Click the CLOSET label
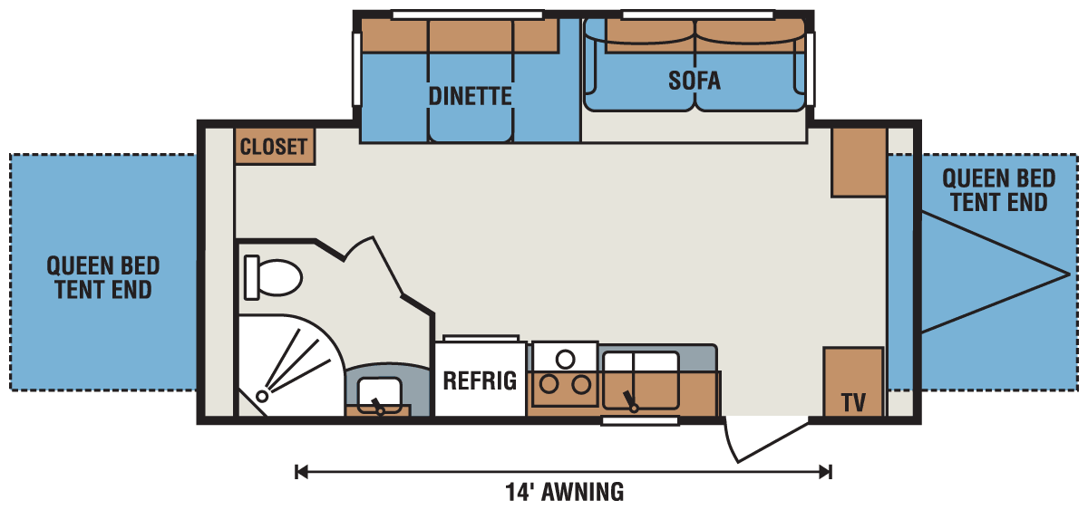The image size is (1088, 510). tap(275, 146)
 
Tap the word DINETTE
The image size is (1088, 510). tap(471, 96)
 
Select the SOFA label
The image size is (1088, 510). tap(695, 81)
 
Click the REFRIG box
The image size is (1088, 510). tap(480, 379)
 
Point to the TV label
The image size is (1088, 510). tap(852, 400)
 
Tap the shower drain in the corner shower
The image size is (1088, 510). tap(262, 396)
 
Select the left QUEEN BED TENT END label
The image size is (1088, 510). tap(103, 277)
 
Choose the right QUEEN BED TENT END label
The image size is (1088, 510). tap(998, 190)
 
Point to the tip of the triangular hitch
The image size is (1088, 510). tap(1070, 273)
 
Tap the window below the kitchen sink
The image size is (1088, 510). tap(640, 421)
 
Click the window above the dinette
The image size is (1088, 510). tap(467, 14)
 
